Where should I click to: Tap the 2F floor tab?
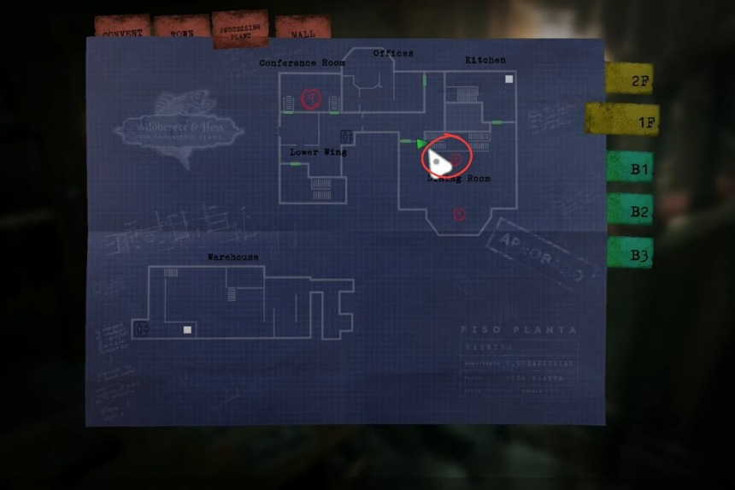(631, 80)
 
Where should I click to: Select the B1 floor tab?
(631, 168)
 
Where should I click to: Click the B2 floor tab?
(631, 210)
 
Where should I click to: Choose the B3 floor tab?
(631, 254)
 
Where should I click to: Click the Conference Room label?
(302, 63)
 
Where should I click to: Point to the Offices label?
(393, 53)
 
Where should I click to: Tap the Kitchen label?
(485, 60)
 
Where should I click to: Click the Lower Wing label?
(318, 152)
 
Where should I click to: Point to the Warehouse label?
(232, 257)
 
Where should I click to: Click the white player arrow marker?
(438, 160)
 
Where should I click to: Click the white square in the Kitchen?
(509, 80)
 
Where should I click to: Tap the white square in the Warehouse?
(188, 329)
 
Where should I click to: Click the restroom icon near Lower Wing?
(346, 137)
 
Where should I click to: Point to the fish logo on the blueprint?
(179, 128)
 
